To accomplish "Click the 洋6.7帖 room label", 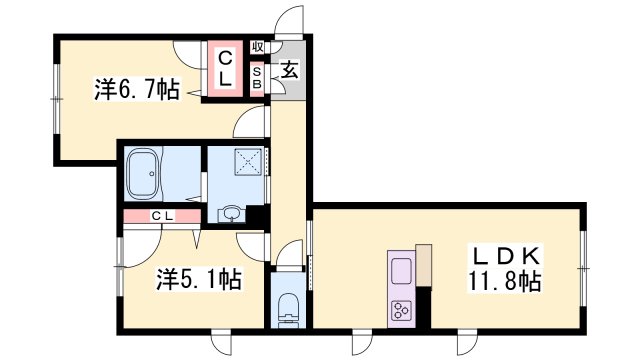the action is (137, 89).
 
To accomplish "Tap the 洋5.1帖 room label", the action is (199, 279).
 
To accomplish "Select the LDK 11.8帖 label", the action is (505, 269).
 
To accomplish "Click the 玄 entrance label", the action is (289, 70).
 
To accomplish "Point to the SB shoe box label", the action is (257, 78).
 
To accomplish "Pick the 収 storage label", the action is (257, 47).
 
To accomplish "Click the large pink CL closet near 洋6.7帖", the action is (225, 68).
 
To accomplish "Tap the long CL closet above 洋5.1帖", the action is (162, 216).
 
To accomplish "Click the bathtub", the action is (142, 174).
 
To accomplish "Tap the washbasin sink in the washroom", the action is (231, 214).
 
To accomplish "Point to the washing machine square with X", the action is (249, 162).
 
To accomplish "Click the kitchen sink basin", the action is (401, 271).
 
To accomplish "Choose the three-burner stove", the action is (401, 311).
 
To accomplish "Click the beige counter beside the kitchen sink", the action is (423, 265).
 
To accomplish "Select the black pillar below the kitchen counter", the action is (423, 307).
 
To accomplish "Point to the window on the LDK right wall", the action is (584, 269).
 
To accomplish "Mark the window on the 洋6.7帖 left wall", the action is (56, 98).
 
